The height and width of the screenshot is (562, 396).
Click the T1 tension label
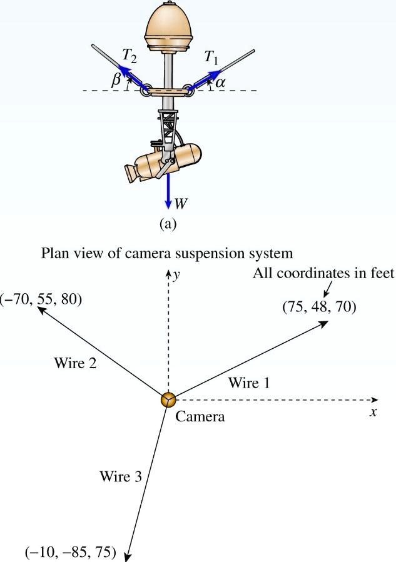click(211, 58)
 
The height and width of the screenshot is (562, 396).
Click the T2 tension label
click(129, 56)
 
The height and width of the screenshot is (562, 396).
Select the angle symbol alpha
click(220, 83)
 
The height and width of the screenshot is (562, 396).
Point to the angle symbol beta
click(116, 80)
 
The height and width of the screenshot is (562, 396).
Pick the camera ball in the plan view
click(168, 399)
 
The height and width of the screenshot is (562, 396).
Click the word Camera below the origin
click(200, 416)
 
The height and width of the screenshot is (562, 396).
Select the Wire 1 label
click(249, 383)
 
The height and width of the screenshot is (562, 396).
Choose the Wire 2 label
click(75, 363)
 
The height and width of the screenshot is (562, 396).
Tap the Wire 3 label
click(121, 477)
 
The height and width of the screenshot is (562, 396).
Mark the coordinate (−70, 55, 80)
click(41, 299)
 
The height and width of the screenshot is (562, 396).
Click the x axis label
click(373, 413)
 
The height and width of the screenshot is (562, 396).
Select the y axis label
click(176, 276)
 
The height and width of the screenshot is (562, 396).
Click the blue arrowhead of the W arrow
click(168, 204)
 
